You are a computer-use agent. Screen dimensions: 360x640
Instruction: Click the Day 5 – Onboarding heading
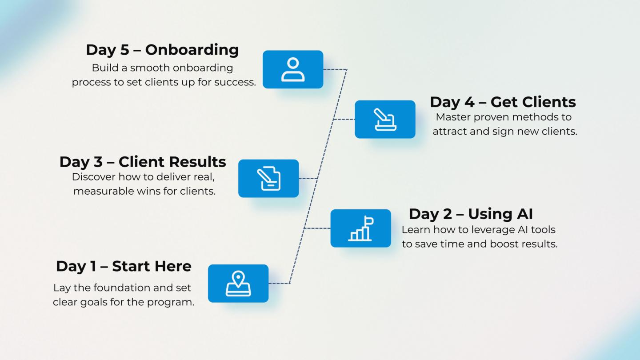click(162, 50)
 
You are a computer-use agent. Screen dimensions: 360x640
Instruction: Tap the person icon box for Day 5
click(293, 69)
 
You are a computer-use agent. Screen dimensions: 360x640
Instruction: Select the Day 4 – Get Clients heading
click(503, 102)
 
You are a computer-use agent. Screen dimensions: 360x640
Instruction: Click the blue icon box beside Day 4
click(385, 119)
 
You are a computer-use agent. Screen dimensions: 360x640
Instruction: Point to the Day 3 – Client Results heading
click(143, 162)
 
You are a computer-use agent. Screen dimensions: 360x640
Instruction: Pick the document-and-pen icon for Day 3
click(268, 178)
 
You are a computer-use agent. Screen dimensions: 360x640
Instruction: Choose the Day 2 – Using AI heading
click(471, 214)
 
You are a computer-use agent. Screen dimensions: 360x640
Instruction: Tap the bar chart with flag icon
click(360, 228)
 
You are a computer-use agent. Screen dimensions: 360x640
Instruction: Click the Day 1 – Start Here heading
click(124, 266)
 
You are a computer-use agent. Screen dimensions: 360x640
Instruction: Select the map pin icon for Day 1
click(238, 284)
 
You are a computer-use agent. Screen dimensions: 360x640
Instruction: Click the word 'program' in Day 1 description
click(175, 303)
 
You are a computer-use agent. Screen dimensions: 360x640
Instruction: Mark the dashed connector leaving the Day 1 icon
click(279, 283)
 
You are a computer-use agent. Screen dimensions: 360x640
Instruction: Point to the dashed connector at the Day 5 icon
click(334, 69)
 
